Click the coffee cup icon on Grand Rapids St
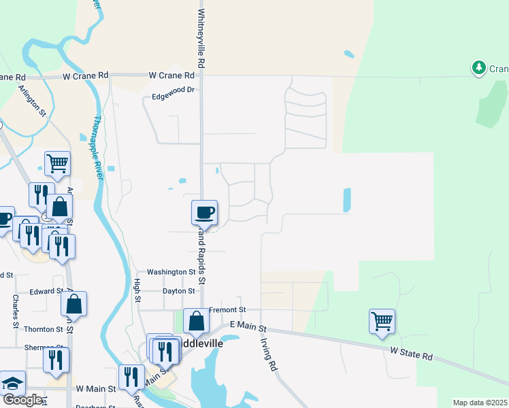point(204,213)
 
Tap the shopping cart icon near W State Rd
point(382,320)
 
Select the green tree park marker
point(478,67)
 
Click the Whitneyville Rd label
point(201,37)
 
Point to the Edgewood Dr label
point(173,90)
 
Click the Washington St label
point(171,271)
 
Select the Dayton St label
point(179,290)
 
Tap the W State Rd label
point(412,355)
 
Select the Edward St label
point(46,291)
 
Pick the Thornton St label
point(44,329)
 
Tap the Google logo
point(22,400)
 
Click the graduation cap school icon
point(12,383)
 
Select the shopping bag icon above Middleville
point(196,322)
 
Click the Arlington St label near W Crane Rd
point(32,99)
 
